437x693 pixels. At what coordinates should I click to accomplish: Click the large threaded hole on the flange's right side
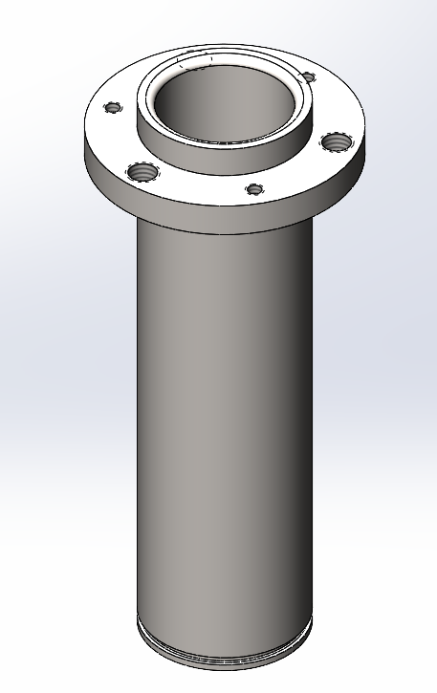tap(336, 141)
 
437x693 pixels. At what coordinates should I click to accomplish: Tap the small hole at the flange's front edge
tap(253, 188)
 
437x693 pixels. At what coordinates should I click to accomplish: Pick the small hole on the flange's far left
tap(114, 106)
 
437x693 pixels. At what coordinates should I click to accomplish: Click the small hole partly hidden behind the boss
tap(308, 76)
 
